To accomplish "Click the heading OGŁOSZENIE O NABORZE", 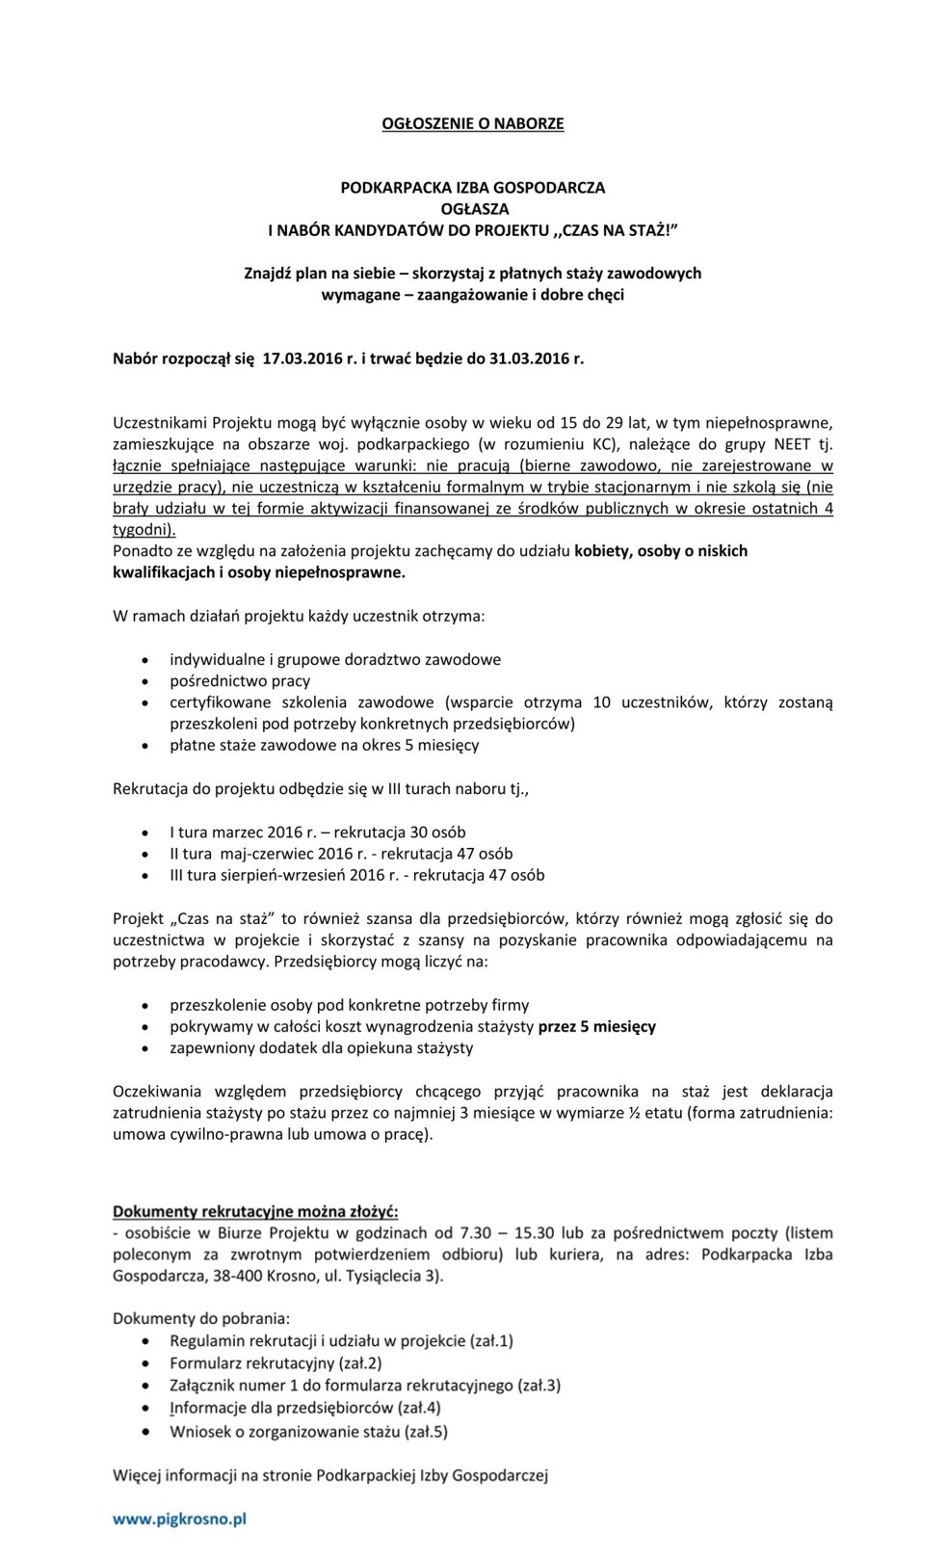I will click(472, 123).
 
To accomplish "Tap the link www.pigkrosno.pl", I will click(180, 1520).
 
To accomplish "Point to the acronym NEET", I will click(792, 444).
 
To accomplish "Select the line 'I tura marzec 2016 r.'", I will click(317, 833).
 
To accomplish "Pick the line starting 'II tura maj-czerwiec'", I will click(341, 854).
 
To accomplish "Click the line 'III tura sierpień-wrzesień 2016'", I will click(356, 876).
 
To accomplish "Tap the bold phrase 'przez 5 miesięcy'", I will click(597, 1027).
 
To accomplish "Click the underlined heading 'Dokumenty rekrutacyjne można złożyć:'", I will click(255, 1211).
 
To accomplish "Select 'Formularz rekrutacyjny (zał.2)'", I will click(276, 1363).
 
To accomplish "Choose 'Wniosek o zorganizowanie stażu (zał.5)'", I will click(308, 1432).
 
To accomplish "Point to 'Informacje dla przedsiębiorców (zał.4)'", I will click(305, 1409).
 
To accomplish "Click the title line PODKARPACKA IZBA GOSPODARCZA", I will click(472, 188).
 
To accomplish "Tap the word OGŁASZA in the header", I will click(473, 209).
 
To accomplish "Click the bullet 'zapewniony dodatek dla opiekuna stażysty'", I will click(322, 1048).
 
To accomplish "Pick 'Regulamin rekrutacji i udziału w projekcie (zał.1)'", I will click(341, 1341).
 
